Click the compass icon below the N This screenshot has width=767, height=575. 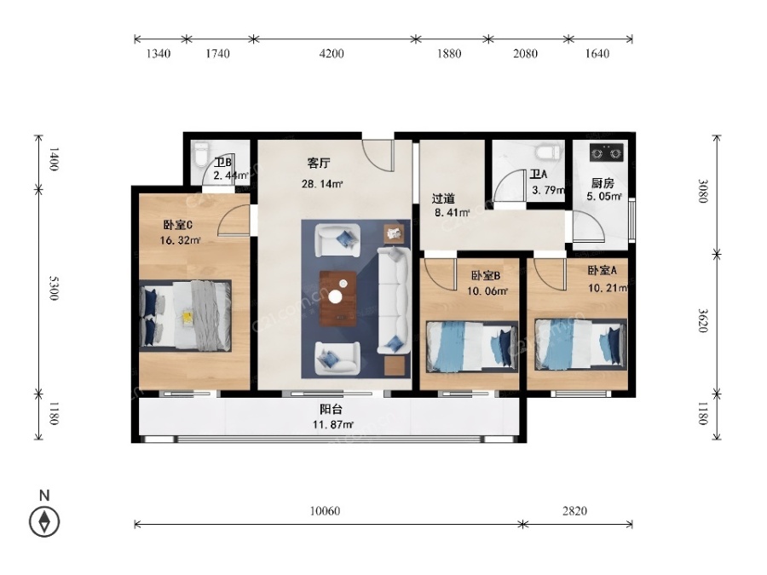pyautogui.click(x=44, y=521)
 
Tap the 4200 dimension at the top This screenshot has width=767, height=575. pyautogui.click(x=332, y=54)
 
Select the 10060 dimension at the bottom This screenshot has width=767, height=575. pyautogui.click(x=325, y=511)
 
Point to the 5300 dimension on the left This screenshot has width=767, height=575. pyautogui.click(x=54, y=288)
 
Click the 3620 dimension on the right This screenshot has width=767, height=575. pyautogui.click(x=702, y=319)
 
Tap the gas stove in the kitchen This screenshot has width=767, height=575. pyautogui.click(x=607, y=152)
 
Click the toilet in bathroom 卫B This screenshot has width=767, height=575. pyautogui.click(x=200, y=154)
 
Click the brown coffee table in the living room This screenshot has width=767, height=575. pyautogui.click(x=337, y=298)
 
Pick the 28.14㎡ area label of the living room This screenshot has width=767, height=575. pyautogui.click(x=322, y=184)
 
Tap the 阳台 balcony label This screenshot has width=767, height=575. pyautogui.click(x=332, y=409)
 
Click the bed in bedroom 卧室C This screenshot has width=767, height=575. pyautogui.click(x=186, y=315)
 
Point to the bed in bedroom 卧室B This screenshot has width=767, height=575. pyautogui.click(x=472, y=347)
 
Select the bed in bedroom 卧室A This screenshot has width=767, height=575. pyautogui.click(x=580, y=345)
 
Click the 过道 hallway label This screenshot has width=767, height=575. pyautogui.click(x=443, y=198)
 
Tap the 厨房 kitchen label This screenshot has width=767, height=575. pyautogui.click(x=603, y=183)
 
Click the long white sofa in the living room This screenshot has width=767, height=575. pyautogui.click(x=393, y=301)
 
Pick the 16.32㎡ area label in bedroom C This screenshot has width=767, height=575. pyautogui.click(x=181, y=240)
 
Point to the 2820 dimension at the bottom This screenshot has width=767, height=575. pyautogui.click(x=574, y=511)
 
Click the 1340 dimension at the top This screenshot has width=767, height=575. pyautogui.click(x=159, y=54)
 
